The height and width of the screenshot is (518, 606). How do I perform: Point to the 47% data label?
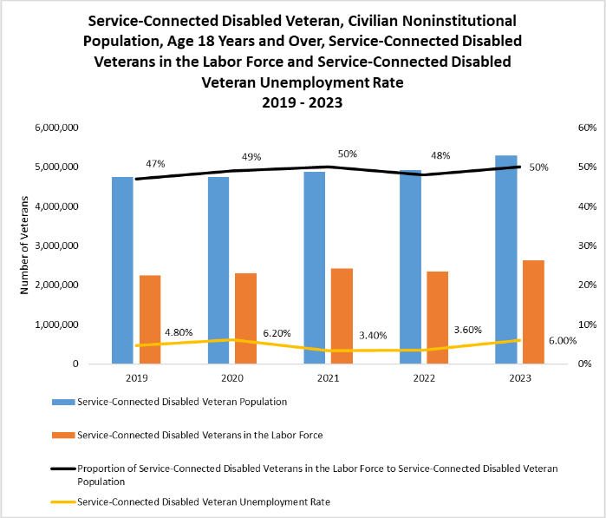pyautogui.click(x=156, y=164)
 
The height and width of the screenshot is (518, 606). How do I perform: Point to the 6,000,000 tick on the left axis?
pyautogui.click(x=58, y=128)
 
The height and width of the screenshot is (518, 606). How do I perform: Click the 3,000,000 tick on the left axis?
pyautogui.click(x=58, y=246)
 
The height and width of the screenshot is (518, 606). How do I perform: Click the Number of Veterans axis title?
pyautogui.click(x=26, y=246)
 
